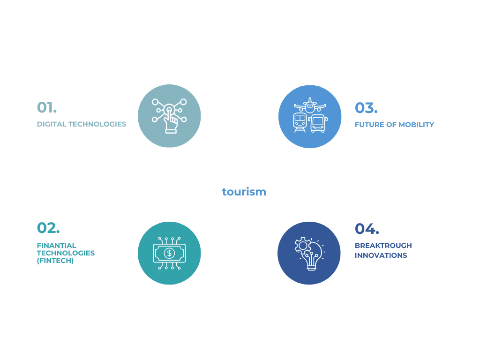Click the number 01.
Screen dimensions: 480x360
[47, 107]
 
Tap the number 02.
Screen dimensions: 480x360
[48, 228]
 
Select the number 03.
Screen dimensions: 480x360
[366, 108]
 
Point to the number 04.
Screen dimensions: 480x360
[367, 229]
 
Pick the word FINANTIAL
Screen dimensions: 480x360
[57, 246]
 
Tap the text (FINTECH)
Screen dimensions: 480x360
[55, 261]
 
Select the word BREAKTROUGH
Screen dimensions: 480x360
[383, 246]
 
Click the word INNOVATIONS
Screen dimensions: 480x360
[381, 255]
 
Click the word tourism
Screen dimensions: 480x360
[244, 192]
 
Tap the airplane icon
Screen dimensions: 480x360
[310, 105]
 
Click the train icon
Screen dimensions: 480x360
[300, 122]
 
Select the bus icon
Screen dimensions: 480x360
[318, 123]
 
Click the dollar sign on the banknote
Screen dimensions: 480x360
[169, 253]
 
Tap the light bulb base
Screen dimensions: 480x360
[312, 267]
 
